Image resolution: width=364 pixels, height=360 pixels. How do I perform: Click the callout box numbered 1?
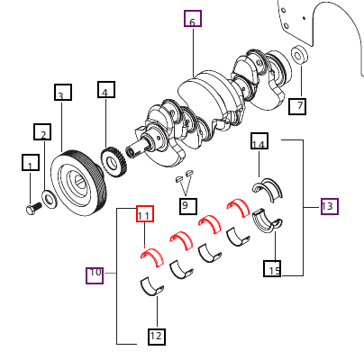[x=31, y=164]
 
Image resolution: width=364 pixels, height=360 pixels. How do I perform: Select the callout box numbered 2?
[x=42, y=133]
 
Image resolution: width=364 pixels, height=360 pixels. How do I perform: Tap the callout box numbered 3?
[x=62, y=94]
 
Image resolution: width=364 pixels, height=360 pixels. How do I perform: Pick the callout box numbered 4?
[x=106, y=91]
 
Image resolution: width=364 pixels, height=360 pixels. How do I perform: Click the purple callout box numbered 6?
[x=192, y=19]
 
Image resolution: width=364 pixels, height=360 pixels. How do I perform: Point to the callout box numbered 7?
[x=298, y=106]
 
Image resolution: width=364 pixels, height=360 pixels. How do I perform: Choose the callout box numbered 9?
[x=187, y=206]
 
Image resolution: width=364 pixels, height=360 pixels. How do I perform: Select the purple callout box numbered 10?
[x=95, y=274]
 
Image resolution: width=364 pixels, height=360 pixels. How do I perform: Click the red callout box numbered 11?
[x=145, y=214]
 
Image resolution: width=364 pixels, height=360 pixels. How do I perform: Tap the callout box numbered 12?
[x=157, y=337]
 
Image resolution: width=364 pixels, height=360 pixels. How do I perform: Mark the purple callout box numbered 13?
[x=328, y=206]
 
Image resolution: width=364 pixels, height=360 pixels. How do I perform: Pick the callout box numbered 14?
[x=259, y=142]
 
